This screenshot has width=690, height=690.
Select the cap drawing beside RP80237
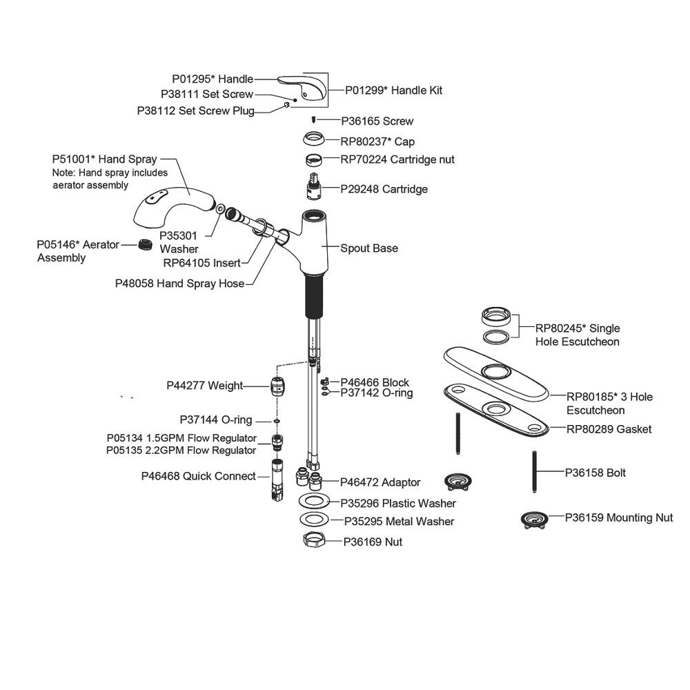[x=315, y=140]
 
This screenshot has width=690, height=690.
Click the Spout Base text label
[x=369, y=248]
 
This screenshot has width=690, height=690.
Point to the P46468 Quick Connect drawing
[x=278, y=478]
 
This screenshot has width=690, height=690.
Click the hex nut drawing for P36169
[x=315, y=541]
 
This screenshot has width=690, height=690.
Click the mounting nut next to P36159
[x=533, y=519]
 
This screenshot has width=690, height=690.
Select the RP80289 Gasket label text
[x=609, y=429]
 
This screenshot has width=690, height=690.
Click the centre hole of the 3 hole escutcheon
[x=495, y=371]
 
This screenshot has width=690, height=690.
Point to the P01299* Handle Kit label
[x=394, y=90]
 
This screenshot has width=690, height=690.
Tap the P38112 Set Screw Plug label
[x=195, y=110]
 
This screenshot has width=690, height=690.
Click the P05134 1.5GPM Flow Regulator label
[x=181, y=438]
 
